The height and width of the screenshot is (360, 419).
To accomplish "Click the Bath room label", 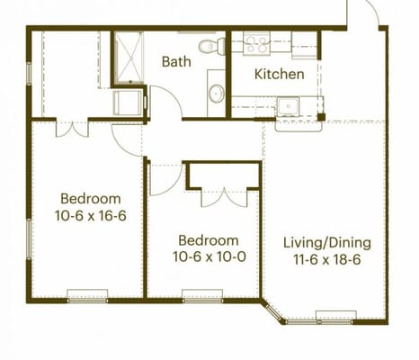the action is tap(176, 61).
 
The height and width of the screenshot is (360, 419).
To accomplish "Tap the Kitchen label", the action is tap(280, 74).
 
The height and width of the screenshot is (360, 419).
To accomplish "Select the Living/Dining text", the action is tap(327, 243).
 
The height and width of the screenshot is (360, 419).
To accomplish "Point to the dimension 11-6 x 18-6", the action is tap(327, 259).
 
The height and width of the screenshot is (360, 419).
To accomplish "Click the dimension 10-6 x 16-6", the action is tap(91, 215).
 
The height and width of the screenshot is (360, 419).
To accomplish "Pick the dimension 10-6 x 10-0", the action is tap(209, 256).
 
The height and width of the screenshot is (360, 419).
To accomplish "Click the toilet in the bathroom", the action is tap(212, 46).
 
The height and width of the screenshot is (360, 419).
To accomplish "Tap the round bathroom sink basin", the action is tap(217, 94).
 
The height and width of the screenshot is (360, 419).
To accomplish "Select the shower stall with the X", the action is tap(129, 57).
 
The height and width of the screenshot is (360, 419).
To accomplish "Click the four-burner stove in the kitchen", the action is tap(256, 44).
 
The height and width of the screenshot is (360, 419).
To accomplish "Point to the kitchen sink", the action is tap(288, 106).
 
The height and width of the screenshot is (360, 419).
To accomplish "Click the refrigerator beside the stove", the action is tap(304, 45).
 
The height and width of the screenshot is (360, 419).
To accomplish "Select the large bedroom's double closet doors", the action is tap(72, 130).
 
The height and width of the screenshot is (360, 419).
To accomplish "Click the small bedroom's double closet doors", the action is tap(224, 198).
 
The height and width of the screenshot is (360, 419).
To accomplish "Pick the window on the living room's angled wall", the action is tap(273, 311).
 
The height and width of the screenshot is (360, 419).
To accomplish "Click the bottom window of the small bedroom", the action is tap(202, 296).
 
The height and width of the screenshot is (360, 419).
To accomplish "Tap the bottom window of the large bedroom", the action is tap(87, 296).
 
